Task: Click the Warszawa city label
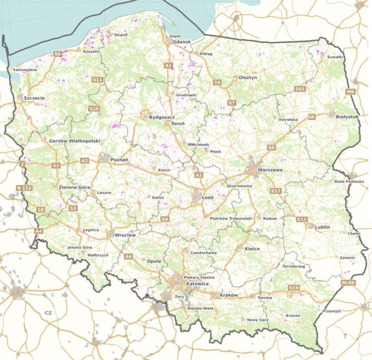pos(270,170)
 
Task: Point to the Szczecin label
pos(34,99)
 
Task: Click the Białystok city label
pos(347,117)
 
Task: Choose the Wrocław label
pos(125,235)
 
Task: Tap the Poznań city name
pos(119,160)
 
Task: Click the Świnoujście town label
pos(25,70)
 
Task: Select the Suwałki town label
pos(335,57)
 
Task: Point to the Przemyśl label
pos(332,311)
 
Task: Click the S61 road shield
pos(299,89)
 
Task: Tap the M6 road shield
pos(351,92)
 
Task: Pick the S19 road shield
pos(294,288)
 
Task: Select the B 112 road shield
pos(24,188)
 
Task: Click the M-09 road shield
pos(349,283)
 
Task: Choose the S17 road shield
pos(276,191)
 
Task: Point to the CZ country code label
pos(48,313)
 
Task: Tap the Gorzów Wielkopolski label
pos(74,141)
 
